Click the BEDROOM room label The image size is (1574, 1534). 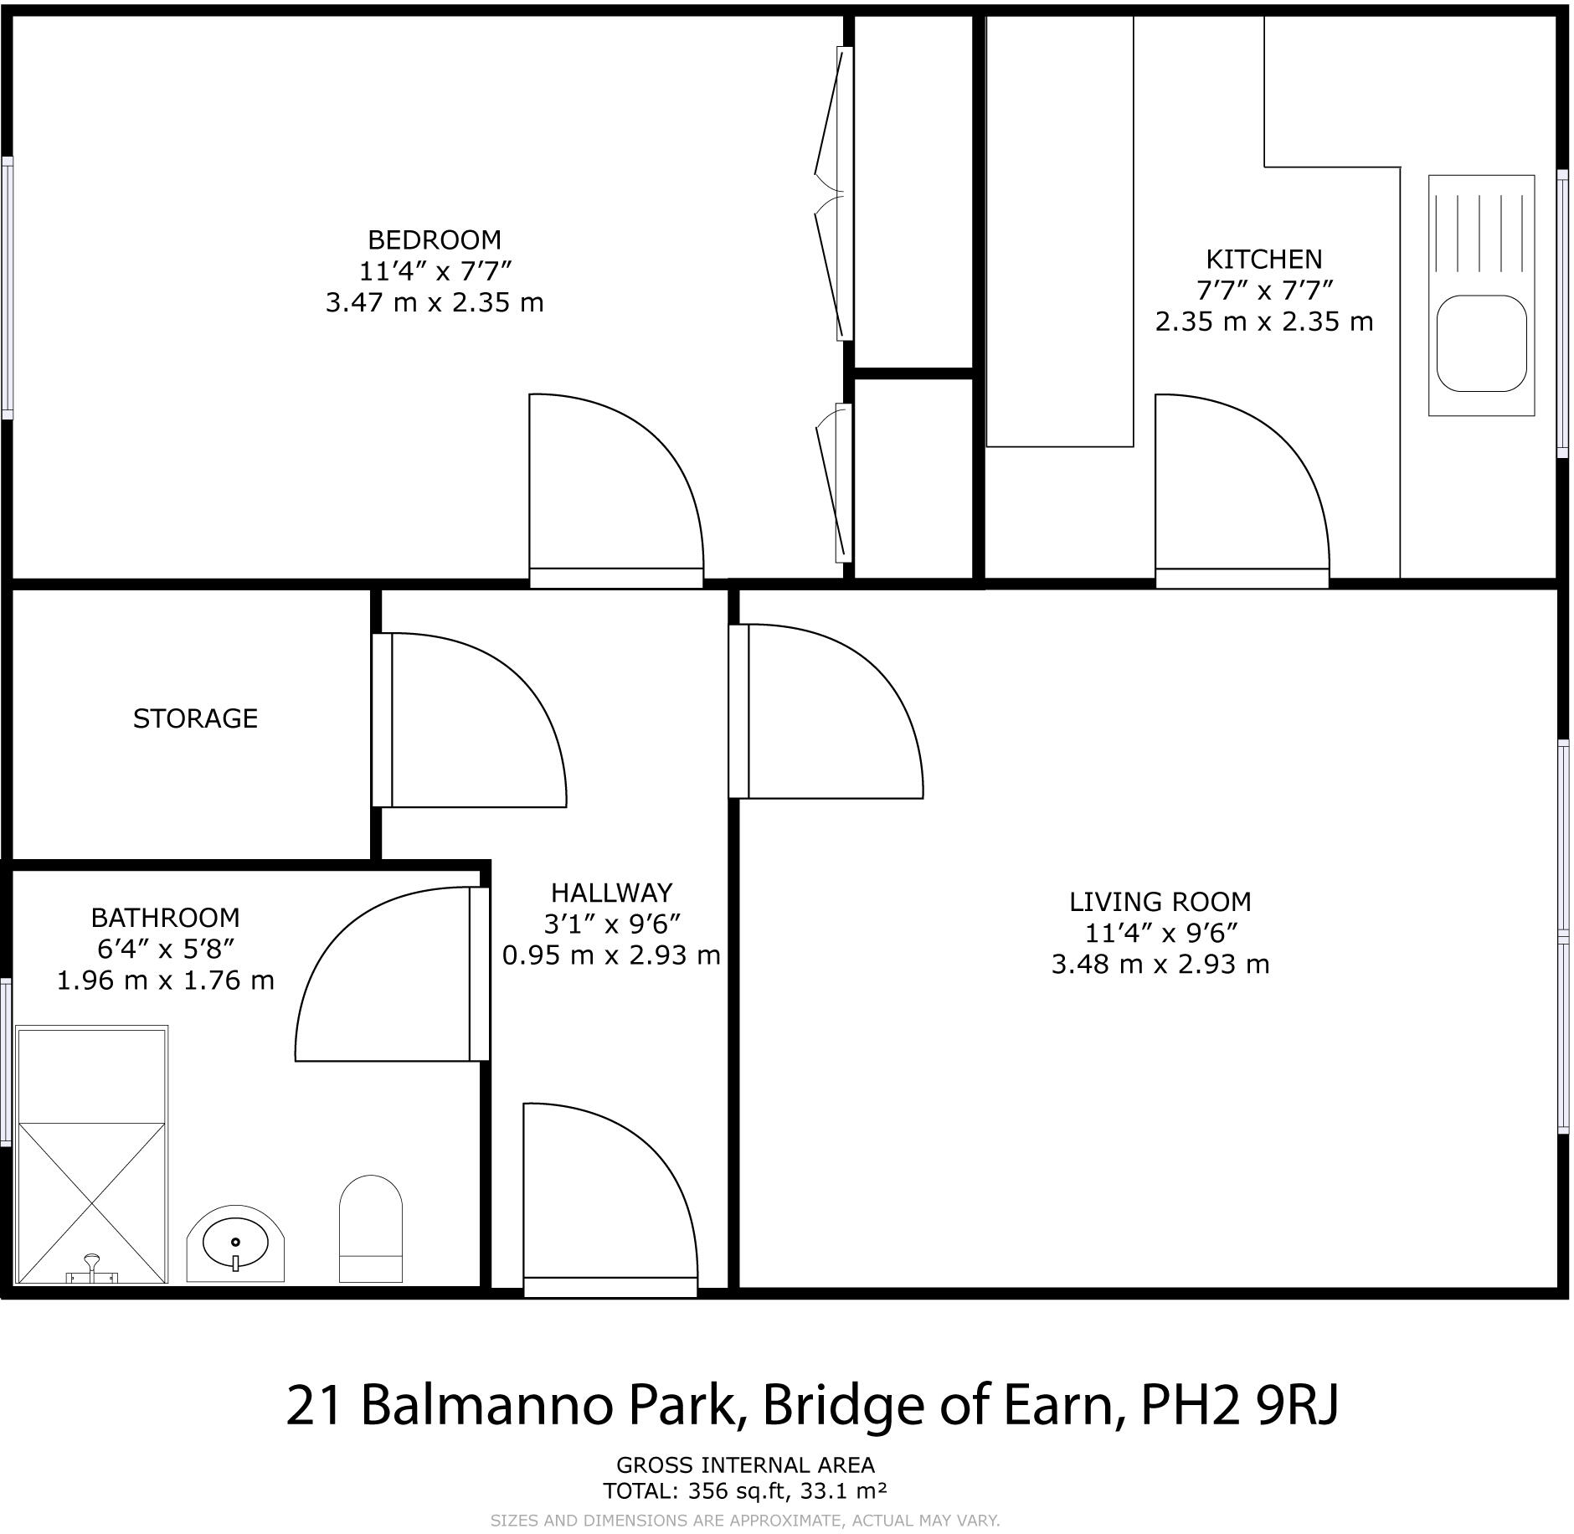point(434,240)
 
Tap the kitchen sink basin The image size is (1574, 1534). point(1481,343)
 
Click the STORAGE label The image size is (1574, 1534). point(195,718)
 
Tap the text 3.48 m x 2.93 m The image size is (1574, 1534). point(1160,965)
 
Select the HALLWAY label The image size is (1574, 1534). point(611,892)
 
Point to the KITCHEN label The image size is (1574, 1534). point(1263,259)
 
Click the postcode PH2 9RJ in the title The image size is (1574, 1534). point(1239,1405)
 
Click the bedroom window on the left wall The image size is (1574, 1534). point(8,287)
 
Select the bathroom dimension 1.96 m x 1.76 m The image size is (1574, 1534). point(166,981)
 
